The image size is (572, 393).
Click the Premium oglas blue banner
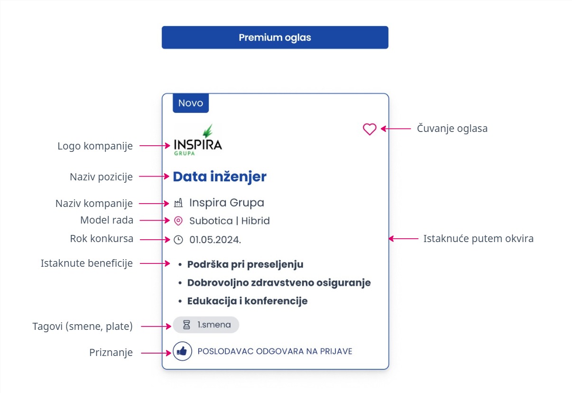tap(275, 37)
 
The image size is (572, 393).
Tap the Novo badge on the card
tap(191, 103)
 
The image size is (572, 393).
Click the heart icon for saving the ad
tap(369, 129)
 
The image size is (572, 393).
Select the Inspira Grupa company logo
tap(198, 140)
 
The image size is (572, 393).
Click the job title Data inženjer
tap(220, 177)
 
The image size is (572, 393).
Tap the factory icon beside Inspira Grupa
tap(178, 203)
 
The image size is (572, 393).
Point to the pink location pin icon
tap(178, 221)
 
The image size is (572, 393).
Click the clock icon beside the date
tap(178, 240)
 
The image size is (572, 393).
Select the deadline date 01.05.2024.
tap(215, 240)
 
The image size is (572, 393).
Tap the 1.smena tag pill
tap(206, 325)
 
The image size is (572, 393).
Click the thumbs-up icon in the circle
tap(182, 351)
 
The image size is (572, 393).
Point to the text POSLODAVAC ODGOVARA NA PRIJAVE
tap(275, 351)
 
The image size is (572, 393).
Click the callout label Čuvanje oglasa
tap(452, 128)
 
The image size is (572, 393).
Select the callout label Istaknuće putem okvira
tap(478, 239)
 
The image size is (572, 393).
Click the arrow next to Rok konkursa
tap(155, 240)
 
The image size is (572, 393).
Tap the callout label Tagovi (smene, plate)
tap(83, 326)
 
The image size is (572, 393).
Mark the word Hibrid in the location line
tap(255, 221)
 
